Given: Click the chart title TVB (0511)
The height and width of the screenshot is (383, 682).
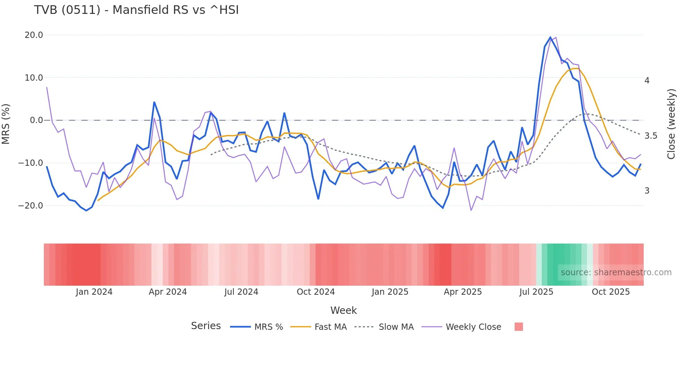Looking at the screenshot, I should pyautogui.click(x=136, y=10).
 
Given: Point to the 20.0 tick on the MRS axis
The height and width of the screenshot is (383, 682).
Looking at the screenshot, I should pyautogui.click(x=34, y=35).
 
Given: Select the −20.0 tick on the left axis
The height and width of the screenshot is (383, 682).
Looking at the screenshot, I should pyautogui.click(x=31, y=206).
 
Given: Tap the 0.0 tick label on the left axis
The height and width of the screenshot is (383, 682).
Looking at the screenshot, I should pyautogui.click(x=36, y=120).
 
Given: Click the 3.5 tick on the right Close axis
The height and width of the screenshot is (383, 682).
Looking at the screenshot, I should pyautogui.click(x=651, y=136).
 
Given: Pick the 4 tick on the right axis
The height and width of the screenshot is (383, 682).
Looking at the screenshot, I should pyautogui.click(x=647, y=81).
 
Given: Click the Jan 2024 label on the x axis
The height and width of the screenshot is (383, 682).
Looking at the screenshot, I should pyautogui.click(x=94, y=292).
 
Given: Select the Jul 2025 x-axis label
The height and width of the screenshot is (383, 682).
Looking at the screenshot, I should pyautogui.click(x=536, y=292).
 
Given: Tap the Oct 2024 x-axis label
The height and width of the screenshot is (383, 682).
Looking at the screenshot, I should pyautogui.click(x=316, y=292).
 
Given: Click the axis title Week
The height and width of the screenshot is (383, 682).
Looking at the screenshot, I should pyautogui.click(x=343, y=310).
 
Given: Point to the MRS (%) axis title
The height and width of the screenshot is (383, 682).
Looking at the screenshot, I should pyautogui.click(x=6, y=124).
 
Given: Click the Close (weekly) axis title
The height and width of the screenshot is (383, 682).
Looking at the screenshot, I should pyautogui.click(x=671, y=124).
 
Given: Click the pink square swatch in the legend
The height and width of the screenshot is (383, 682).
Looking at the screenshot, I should pyautogui.click(x=518, y=327).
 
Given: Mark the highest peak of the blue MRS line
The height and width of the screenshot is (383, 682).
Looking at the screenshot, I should pyautogui.click(x=550, y=37).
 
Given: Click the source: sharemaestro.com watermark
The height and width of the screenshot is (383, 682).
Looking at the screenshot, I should pyautogui.click(x=616, y=272).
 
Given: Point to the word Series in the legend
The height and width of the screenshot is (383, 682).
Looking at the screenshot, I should pyautogui.click(x=206, y=326).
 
